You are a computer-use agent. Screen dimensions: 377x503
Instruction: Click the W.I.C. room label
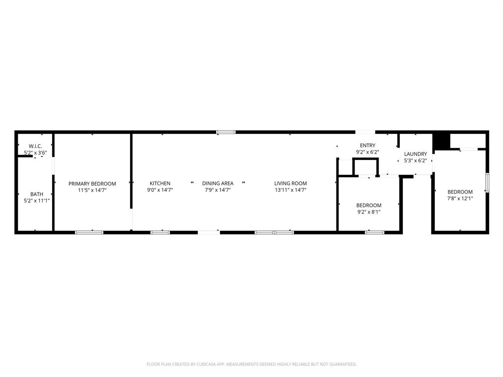[x=35, y=146]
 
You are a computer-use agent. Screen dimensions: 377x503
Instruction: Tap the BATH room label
[x=37, y=194]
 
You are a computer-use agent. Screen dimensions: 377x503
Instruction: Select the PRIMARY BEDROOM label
[x=92, y=184]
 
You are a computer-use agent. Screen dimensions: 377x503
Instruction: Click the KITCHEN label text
[x=160, y=184]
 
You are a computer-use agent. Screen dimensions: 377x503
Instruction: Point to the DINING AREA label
[x=218, y=184]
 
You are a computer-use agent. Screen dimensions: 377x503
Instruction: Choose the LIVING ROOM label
[x=290, y=184]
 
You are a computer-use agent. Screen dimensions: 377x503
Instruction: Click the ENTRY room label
[x=367, y=145]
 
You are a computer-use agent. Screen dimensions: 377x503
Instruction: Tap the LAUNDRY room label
[x=416, y=154]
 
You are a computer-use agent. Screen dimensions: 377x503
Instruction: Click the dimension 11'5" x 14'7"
[x=92, y=190]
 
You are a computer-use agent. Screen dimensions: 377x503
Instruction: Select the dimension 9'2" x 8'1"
[x=368, y=212]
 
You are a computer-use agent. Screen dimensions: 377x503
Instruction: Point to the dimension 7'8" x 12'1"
[x=460, y=199]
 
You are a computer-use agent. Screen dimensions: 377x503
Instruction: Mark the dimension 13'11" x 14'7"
[x=290, y=190]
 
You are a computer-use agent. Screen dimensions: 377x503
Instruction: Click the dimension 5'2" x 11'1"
[x=37, y=201]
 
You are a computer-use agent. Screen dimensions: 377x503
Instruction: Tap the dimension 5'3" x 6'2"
[x=416, y=161]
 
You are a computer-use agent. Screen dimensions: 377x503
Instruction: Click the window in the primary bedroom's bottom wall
[x=89, y=232]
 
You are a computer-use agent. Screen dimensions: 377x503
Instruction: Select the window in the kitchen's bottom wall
[x=160, y=232]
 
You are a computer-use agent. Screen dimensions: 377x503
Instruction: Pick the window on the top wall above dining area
[x=226, y=132]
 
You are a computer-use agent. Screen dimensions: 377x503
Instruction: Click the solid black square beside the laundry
[x=441, y=141]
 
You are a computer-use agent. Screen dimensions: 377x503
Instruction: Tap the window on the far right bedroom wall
[x=487, y=182]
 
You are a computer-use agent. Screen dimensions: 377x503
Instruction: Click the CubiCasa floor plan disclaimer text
[x=251, y=364]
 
